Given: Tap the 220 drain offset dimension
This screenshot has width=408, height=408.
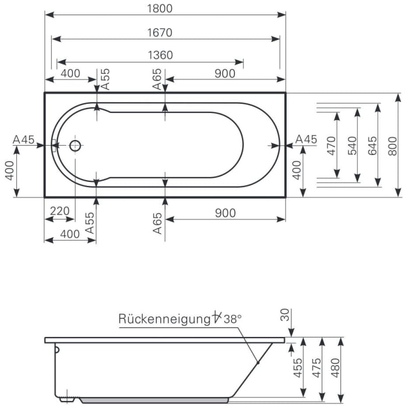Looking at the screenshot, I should pos(59,212).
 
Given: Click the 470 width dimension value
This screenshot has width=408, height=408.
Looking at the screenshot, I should pos(331,145).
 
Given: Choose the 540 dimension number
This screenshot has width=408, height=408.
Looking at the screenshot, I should pos(352,145).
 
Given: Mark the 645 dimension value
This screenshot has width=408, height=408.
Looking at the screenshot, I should pos(372,145).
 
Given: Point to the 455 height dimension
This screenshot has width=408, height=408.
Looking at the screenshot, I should pos(298,368).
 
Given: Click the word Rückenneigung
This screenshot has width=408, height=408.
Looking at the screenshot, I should pos(164,319).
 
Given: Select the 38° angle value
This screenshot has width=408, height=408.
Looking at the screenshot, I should pos(233,319).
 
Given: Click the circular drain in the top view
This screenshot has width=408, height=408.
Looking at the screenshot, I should pos(75,145).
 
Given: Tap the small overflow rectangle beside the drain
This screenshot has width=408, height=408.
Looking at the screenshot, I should pos(54,145).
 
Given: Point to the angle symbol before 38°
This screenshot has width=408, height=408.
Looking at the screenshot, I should pos(217,318).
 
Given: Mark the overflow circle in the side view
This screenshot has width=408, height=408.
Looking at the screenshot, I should pos(57,350).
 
